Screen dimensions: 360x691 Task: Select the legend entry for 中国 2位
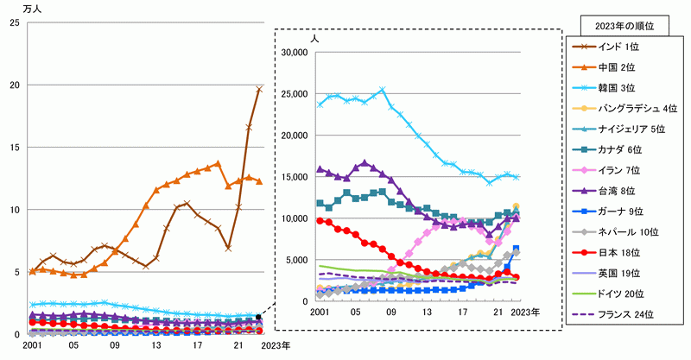614,66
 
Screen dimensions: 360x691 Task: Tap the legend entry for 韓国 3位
614,87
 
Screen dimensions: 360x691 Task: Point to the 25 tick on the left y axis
14,22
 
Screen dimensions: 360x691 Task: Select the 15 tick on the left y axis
14,148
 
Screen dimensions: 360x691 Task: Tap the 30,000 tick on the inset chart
295,53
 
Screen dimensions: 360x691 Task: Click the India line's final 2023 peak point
259,89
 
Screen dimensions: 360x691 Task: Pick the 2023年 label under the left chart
275,346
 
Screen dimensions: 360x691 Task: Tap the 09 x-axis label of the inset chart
391,312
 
